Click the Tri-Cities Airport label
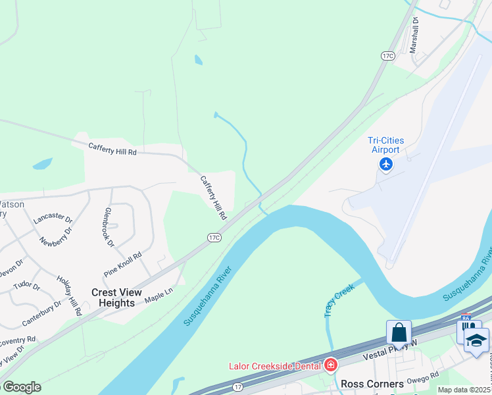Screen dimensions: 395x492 [x=385, y=145]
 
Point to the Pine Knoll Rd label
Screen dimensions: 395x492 [x=123, y=265]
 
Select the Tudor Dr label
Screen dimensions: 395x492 [x=26, y=287]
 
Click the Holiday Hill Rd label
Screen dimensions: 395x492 [x=68, y=296]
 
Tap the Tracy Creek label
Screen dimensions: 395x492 [x=339, y=300]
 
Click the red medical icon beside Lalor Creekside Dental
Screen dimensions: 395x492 [x=331, y=365]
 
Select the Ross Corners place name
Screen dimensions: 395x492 [x=372, y=384]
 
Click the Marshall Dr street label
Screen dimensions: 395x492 [x=414, y=34]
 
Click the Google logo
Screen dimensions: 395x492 [x=21, y=386]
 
